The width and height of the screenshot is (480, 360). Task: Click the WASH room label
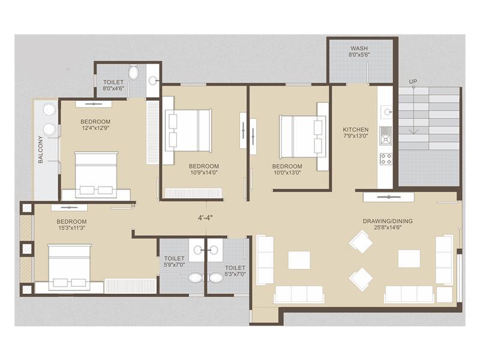point(359,48)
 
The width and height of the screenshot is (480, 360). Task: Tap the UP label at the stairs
point(413,81)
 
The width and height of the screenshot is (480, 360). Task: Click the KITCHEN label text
point(355,130)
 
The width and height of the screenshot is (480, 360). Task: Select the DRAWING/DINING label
point(387,221)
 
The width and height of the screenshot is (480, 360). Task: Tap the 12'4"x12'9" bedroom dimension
point(95,128)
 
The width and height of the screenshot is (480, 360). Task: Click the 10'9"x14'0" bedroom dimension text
point(203,173)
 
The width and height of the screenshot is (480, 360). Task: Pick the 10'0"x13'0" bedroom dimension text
point(287,173)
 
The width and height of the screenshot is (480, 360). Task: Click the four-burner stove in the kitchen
point(385,159)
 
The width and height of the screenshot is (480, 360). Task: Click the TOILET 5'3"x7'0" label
point(235,271)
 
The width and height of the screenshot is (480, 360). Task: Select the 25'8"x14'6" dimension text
point(387,229)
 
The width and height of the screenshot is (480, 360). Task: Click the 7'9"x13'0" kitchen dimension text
point(355,137)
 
